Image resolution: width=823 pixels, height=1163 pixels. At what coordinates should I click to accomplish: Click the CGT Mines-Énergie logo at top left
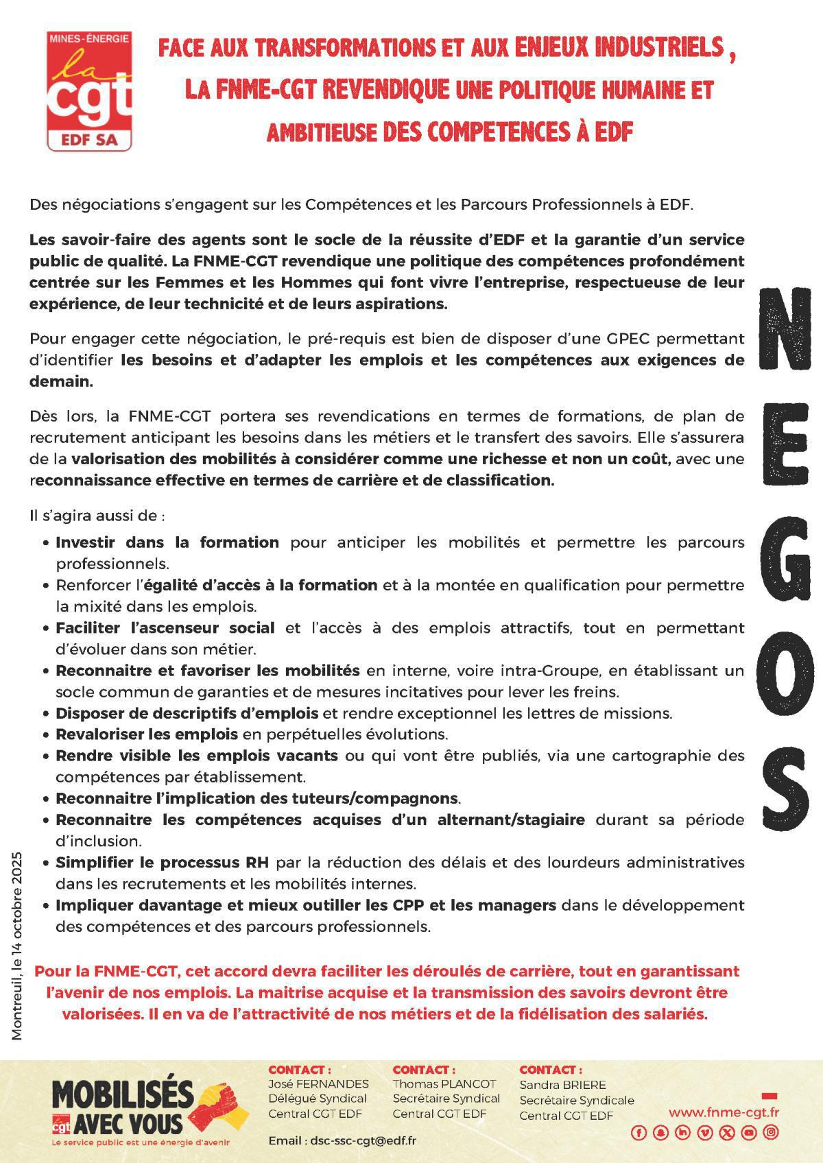[x=89, y=91]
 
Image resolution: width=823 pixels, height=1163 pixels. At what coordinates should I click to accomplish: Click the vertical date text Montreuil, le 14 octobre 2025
[x=17, y=946]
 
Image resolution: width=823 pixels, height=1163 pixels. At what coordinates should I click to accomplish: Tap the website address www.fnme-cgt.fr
[x=724, y=1112]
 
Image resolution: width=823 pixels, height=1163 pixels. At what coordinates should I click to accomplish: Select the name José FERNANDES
[x=318, y=1084]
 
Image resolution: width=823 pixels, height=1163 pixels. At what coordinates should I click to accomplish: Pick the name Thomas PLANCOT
[x=444, y=1084]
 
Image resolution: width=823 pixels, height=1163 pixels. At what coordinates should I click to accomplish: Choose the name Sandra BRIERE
[x=562, y=1085]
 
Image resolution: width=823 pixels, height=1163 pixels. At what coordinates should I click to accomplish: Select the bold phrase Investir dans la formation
[x=167, y=542]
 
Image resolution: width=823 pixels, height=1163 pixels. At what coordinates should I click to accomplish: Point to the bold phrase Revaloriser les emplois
[x=147, y=734]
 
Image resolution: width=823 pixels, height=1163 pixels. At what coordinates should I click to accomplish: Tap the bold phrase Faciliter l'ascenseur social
[x=165, y=627]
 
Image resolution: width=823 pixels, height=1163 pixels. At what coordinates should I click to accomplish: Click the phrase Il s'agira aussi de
[x=96, y=514]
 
